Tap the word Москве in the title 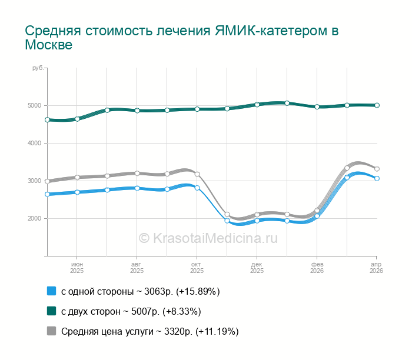pyautogui.click(x=48, y=45)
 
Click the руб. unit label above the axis pyautogui.click(x=38, y=69)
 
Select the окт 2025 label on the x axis pyautogui.click(x=197, y=268)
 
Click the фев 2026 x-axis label pyautogui.click(x=317, y=268)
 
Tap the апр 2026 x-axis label pyautogui.click(x=377, y=268)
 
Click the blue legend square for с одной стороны pyautogui.click(x=51, y=291)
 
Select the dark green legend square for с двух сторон pyautogui.click(x=51, y=311)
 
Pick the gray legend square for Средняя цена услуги pyautogui.click(x=51, y=331)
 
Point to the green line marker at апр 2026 pyautogui.click(x=377, y=105)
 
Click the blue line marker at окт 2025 pyautogui.click(x=197, y=188)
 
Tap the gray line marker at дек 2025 pyautogui.click(x=257, y=215)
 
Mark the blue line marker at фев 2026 pyautogui.click(x=317, y=216)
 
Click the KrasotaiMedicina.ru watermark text pyautogui.click(x=208, y=238)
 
